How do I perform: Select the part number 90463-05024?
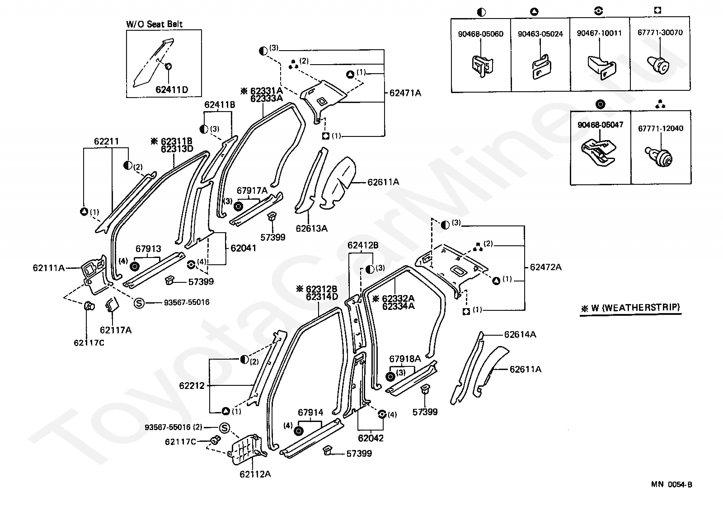coord(540,34)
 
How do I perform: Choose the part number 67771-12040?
coord(661,128)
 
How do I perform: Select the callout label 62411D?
coord(172,89)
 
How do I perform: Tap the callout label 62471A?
coord(405,93)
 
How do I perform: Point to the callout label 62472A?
coord(545,267)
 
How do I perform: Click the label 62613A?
coord(311,228)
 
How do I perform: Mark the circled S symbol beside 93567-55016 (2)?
coord(225,427)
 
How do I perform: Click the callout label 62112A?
coord(255,474)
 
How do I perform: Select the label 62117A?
coord(116,330)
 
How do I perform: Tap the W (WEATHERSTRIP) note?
coord(630,308)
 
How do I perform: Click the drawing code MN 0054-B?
coord(671,485)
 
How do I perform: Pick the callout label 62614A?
coord(520,334)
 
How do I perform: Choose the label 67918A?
coord(405,359)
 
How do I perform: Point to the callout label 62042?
coord(371,438)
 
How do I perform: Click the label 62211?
coord(106,141)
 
